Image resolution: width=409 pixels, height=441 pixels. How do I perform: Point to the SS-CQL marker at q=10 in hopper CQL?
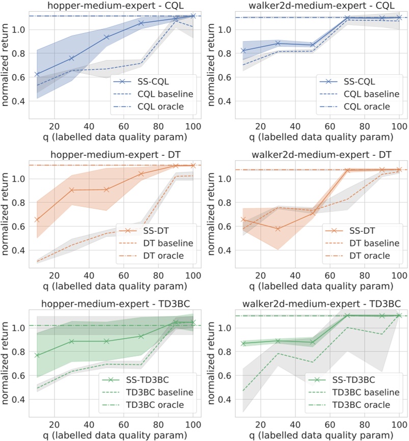click(x=37, y=74)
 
